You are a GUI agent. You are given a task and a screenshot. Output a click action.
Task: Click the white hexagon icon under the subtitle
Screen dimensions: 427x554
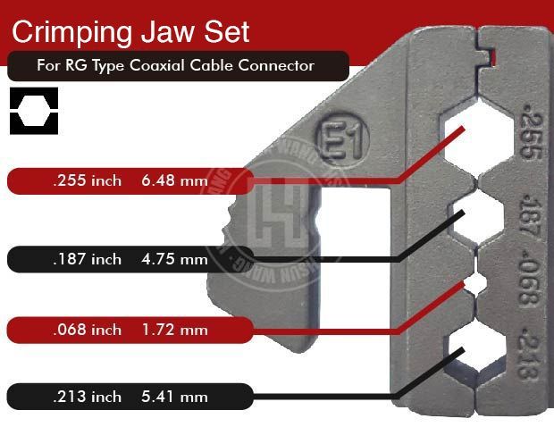click(34, 111)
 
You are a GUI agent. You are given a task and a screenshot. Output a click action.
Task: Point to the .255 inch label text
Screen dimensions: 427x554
click(86, 181)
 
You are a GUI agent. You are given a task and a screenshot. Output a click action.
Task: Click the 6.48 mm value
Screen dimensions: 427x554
click(174, 181)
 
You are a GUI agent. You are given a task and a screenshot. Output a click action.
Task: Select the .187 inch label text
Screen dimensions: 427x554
click(86, 260)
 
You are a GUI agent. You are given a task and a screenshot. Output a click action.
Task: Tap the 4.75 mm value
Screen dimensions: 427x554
click(174, 260)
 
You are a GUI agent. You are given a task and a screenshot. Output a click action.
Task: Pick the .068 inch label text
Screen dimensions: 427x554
click(86, 330)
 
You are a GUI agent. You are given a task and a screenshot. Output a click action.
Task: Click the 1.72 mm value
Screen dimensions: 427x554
click(174, 330)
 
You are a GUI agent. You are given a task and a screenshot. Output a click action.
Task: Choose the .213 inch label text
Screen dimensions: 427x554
click(86, 396)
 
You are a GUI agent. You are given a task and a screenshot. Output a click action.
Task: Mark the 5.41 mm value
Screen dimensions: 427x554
click(174, 396)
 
